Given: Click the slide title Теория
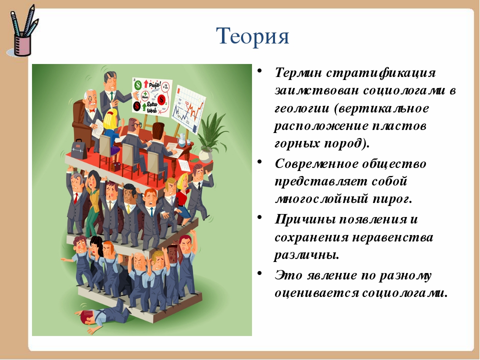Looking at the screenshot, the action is point(252,36).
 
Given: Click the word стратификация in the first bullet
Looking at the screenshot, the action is point(381,73).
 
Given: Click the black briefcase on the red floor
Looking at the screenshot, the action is point(79,149).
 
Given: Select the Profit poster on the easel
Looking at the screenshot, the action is point(151,96).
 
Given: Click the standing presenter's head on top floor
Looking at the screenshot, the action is point(110,80).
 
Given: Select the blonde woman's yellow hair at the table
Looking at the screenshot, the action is point(109,120).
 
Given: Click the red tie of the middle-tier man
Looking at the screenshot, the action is point(75,198).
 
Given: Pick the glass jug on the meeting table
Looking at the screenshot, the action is point(183,140).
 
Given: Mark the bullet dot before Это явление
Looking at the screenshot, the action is point(259,273).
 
